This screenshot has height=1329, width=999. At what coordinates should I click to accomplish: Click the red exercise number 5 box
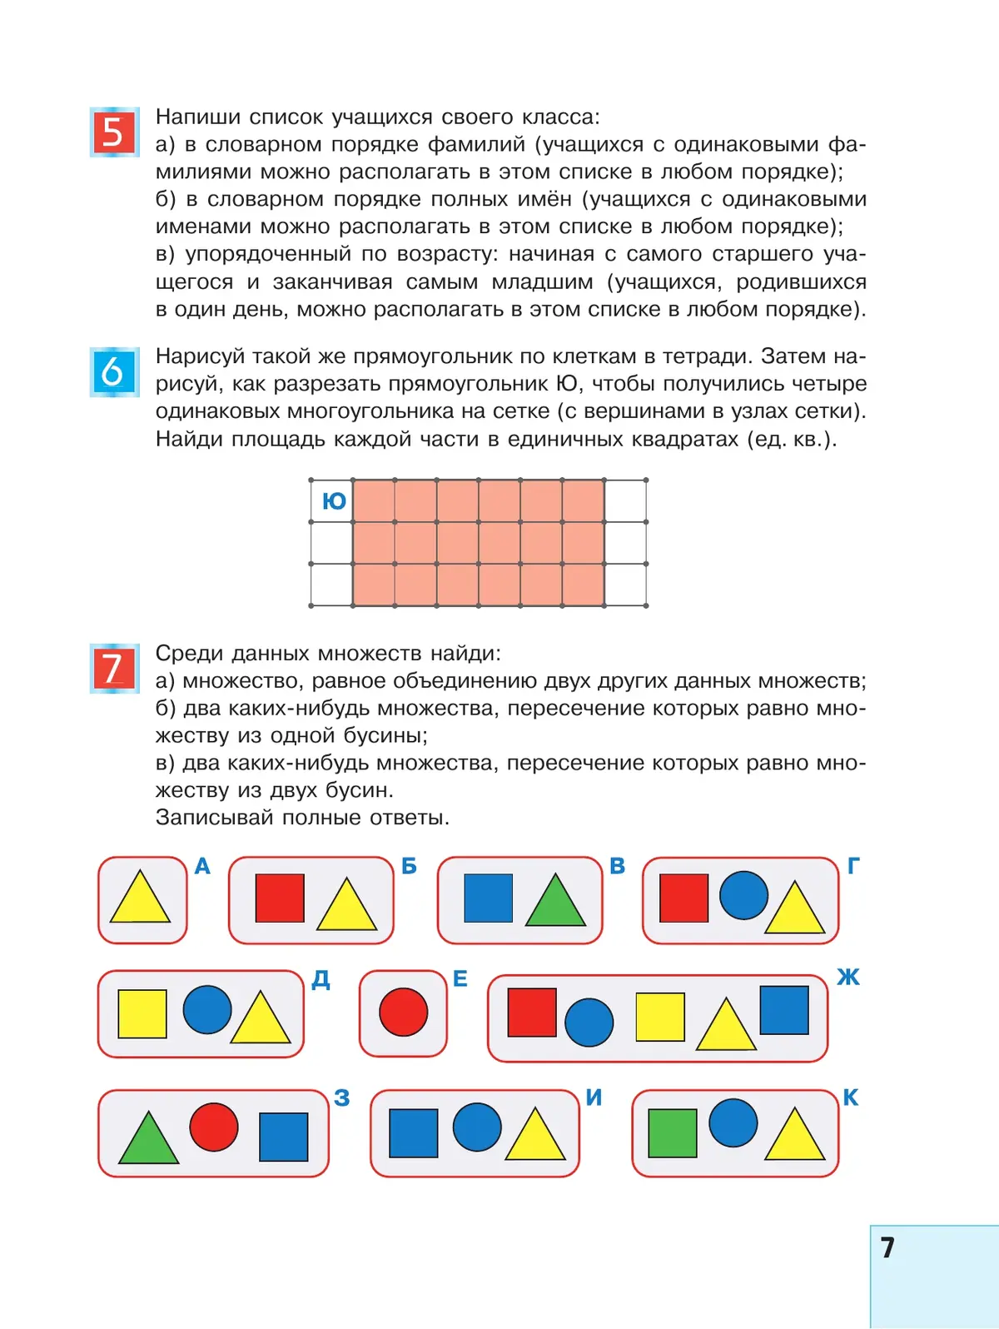tap(113, 132)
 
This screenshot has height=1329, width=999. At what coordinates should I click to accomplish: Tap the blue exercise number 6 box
tap(113, 371)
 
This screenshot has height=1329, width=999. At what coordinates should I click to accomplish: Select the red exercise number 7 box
tap(113, 668)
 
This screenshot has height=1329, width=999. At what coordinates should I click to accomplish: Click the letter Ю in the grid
tap(334, 501)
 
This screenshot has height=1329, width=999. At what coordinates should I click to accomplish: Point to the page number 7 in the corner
tap(887, 1247)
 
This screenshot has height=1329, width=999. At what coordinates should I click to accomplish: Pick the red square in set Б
tap(280, 898)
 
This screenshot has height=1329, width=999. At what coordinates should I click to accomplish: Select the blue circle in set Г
tap(743, 895)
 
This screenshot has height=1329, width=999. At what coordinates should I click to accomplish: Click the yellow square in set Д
tap(142, 1013)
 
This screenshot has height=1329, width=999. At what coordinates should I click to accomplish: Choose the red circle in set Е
tap(404, 1012)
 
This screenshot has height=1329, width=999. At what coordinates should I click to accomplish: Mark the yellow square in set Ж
tap(660, 1017)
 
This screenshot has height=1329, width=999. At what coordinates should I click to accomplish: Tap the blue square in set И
tap(414, 1133)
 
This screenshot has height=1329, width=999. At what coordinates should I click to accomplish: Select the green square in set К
tap(673, 1133)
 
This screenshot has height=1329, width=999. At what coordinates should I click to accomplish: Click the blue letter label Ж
tap(848, 977)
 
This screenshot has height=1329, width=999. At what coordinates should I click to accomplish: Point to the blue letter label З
tap(341, 1098)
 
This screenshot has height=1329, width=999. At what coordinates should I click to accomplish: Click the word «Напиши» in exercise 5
tap(198, 117)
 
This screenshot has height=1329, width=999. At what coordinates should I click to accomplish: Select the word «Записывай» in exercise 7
tap(215, 818)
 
